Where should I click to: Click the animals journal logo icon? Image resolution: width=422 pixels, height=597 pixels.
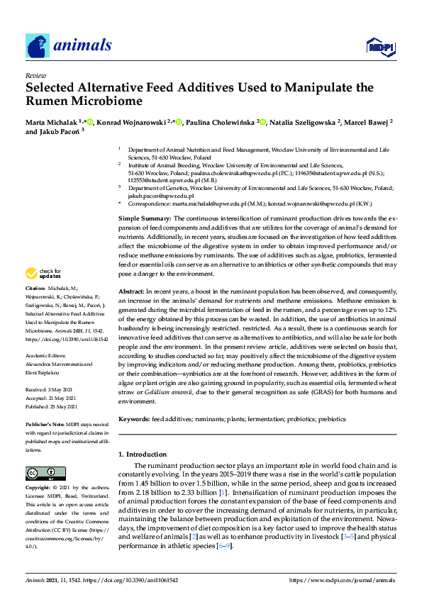click(x=38, y=46)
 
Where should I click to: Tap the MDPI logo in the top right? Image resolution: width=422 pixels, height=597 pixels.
click(x=379, y=47)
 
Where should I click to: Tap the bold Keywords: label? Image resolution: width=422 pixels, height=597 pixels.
click(x=134, y=419)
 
